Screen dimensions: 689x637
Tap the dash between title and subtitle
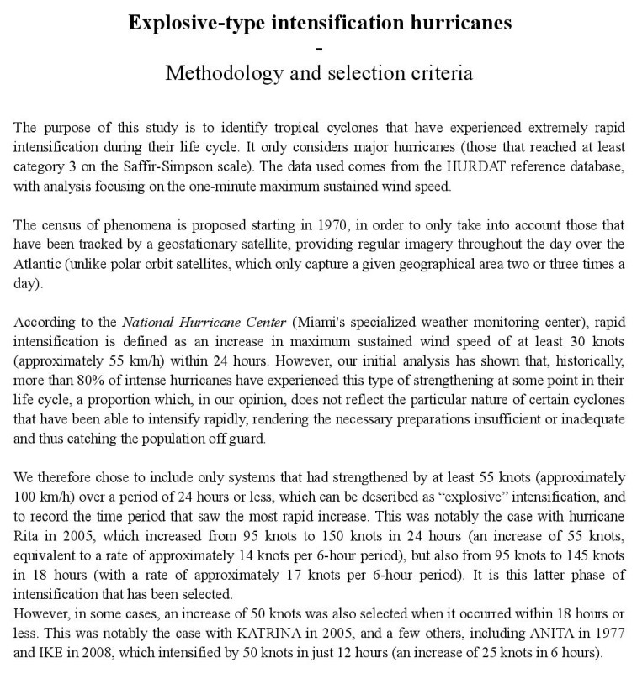319,48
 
